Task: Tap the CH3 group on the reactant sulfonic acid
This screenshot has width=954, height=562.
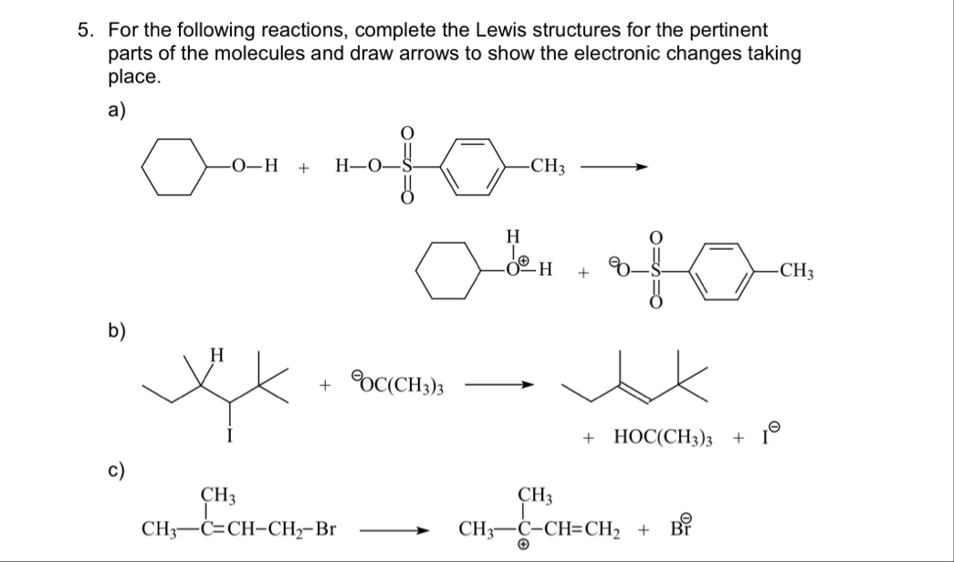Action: click(549, 169)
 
